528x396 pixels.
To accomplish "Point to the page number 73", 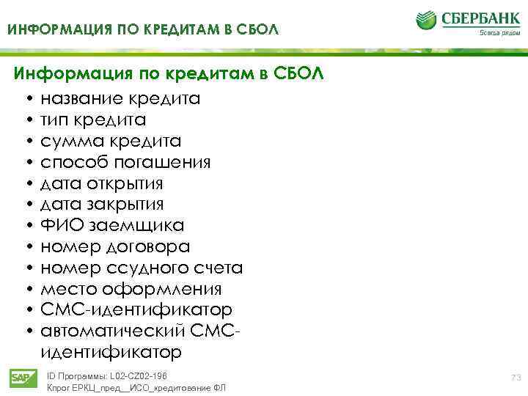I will [x=515, y=377].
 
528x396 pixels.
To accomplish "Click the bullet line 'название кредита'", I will [x=120, y=98].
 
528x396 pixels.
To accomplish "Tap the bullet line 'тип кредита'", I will [x=93, y=120].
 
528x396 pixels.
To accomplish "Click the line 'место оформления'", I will [x=131, y=289].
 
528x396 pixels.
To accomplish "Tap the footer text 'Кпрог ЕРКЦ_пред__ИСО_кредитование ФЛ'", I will [x=136, y=388].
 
